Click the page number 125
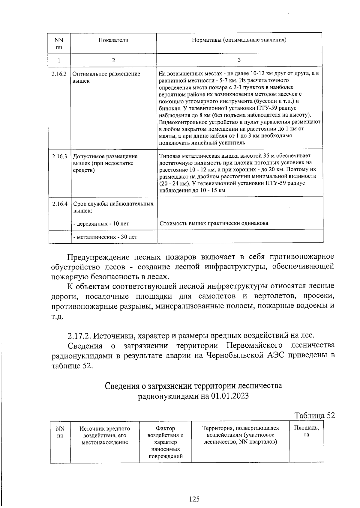point(194,499)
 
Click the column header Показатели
point(113,40)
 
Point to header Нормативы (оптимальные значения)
point(239,40)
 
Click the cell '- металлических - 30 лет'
point(105,237)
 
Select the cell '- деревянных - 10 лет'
point(101,224)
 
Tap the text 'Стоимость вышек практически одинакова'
point(214,223)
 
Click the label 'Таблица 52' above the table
point(314,416)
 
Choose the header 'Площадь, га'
point(306,431)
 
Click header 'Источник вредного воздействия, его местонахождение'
point(105,435)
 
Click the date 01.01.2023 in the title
point(230,396)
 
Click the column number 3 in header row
point(239,60)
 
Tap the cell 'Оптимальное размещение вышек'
point(106,77)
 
